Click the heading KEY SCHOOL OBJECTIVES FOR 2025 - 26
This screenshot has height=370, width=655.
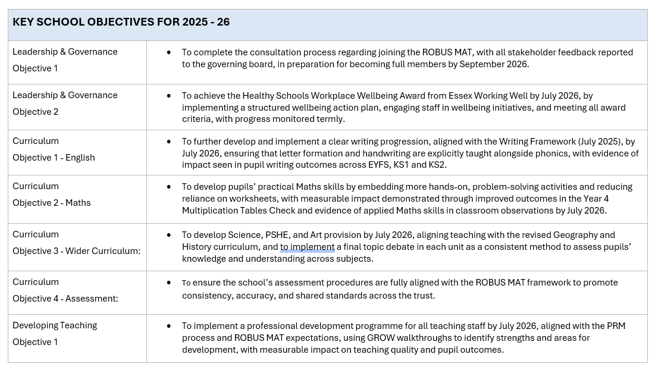click(121, 22)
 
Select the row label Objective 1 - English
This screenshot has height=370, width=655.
click(54, 158)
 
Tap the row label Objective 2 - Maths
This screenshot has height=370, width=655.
click(51, 203)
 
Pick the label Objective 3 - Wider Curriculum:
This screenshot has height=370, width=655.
click(76, 251)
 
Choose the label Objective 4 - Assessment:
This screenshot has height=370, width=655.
click(65, 299)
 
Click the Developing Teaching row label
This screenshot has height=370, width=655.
click(55, 325)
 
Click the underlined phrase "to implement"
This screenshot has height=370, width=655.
click(308, 247)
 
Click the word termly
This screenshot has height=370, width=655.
click(331, 119)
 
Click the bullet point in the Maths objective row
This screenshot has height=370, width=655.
click(169, 187)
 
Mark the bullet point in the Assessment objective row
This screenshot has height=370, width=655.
click(169, 283)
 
